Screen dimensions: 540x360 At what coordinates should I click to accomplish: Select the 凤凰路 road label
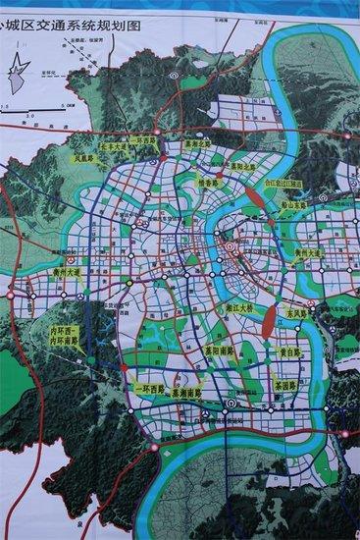85,156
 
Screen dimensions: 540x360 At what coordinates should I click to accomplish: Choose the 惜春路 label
209,183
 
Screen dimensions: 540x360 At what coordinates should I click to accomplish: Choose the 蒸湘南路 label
189,390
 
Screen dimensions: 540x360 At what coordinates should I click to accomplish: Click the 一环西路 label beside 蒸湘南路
147,390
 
